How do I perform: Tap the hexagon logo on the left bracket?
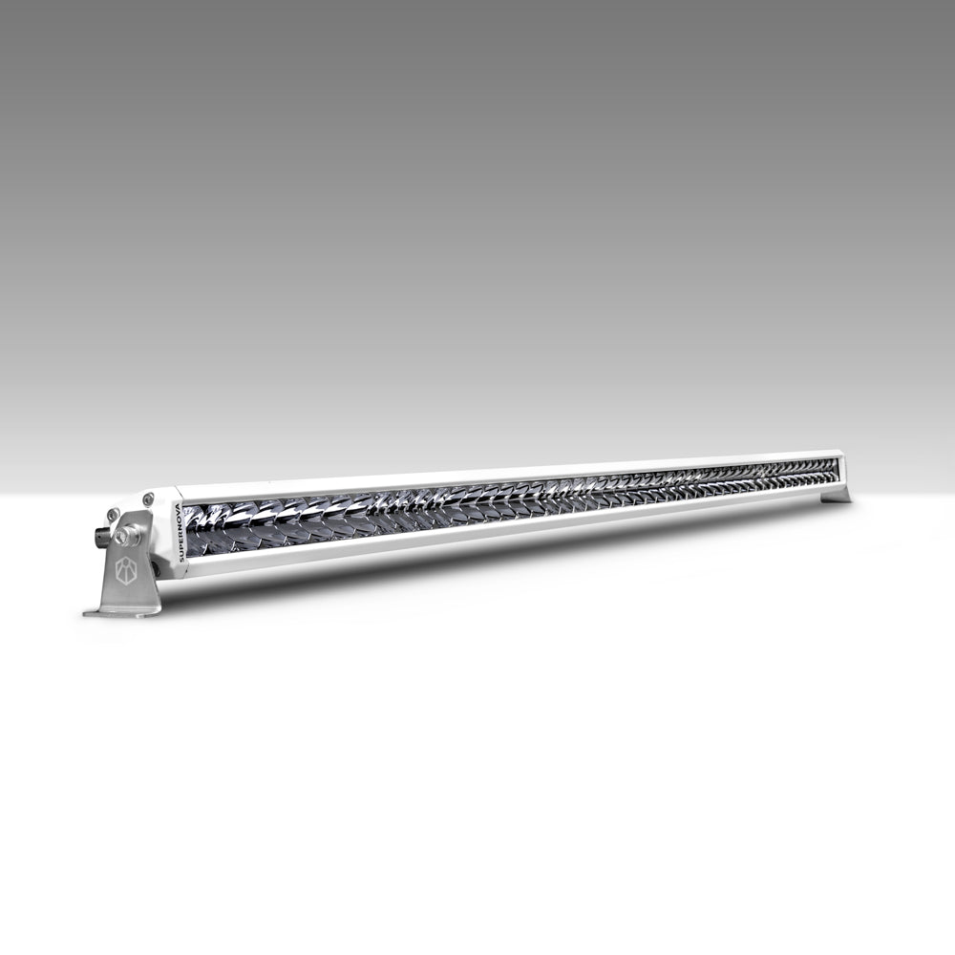tap(127, 570)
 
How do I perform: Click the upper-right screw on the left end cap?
tap(147, 499)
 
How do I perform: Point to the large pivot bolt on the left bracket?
tap(126, 536)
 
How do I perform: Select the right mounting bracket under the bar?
tap(837, 495)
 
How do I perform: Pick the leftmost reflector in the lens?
tap(198, 518)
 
